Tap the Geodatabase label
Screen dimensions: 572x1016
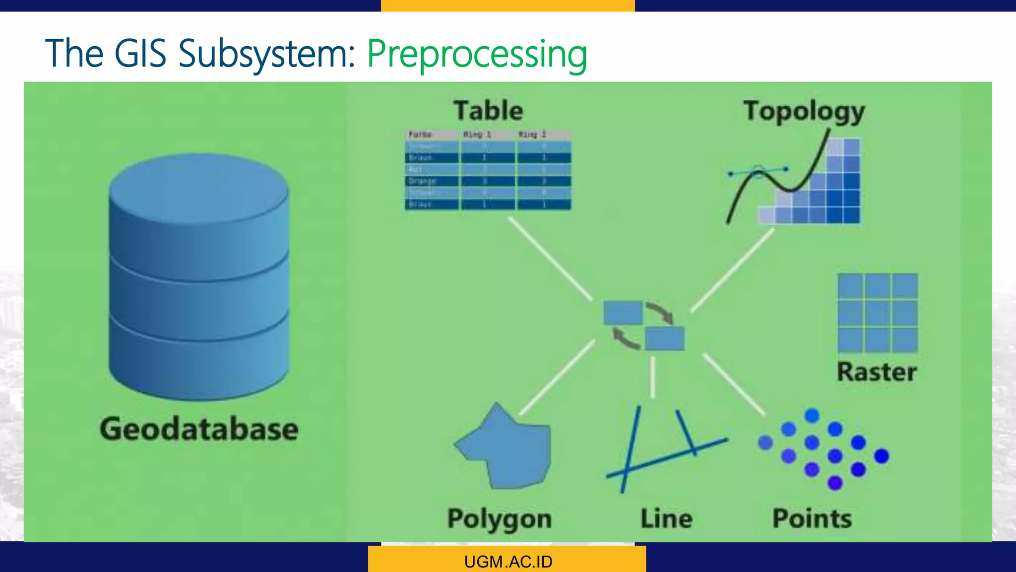tap(199, 429)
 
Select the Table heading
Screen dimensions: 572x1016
tap(488, 110)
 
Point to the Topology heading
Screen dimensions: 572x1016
tap(804, 111)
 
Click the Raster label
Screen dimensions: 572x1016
tap(877, 372)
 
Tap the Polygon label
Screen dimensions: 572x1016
tap(499, 519)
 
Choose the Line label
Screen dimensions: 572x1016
tap(666, 519)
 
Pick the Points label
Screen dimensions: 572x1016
tap(812, 519)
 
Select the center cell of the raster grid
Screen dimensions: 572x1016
tap(877, 313)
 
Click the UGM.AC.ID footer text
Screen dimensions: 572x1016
tap(508, 562)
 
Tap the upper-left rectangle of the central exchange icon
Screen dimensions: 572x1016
tap(623, 313)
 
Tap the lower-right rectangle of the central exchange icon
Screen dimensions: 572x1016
tap(665, 339)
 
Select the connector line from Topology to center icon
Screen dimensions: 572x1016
tap(732, 270)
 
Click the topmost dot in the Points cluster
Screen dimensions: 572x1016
tap(812, 415)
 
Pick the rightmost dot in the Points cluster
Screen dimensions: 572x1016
tap(882, 456)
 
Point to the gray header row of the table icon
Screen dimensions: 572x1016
tap(488, 135)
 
